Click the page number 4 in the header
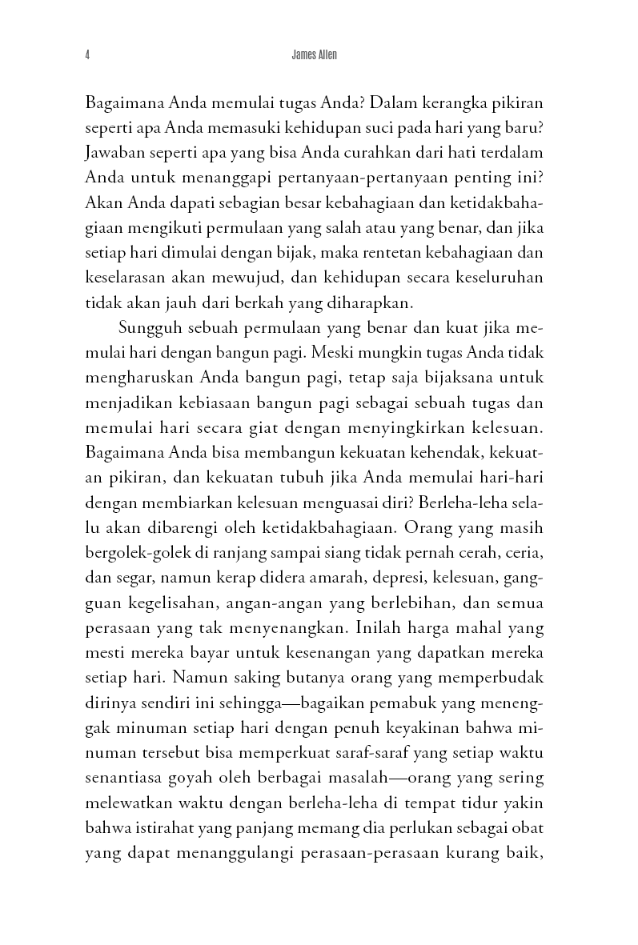click(x=86, y=55)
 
